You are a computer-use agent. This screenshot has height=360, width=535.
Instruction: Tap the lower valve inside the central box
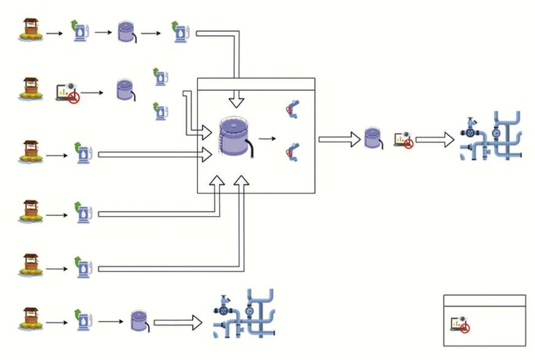point(292,151)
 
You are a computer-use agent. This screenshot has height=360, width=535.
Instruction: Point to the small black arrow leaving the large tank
point(267,139)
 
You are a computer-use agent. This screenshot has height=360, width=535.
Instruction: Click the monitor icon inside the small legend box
point(460,324)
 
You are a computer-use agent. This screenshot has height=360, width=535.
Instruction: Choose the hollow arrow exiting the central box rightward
point(339,139)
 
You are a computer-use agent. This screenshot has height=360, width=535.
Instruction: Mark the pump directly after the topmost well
point(80,31)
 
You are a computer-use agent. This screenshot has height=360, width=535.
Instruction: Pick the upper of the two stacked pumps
point(161,76)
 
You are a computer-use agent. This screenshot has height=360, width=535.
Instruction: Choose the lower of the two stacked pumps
point(161,110)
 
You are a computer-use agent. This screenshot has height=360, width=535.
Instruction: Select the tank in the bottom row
point(139,321)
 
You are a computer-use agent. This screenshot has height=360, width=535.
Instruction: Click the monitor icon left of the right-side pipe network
point(402,140)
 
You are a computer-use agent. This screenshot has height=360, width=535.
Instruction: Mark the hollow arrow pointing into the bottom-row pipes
point(177,321)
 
